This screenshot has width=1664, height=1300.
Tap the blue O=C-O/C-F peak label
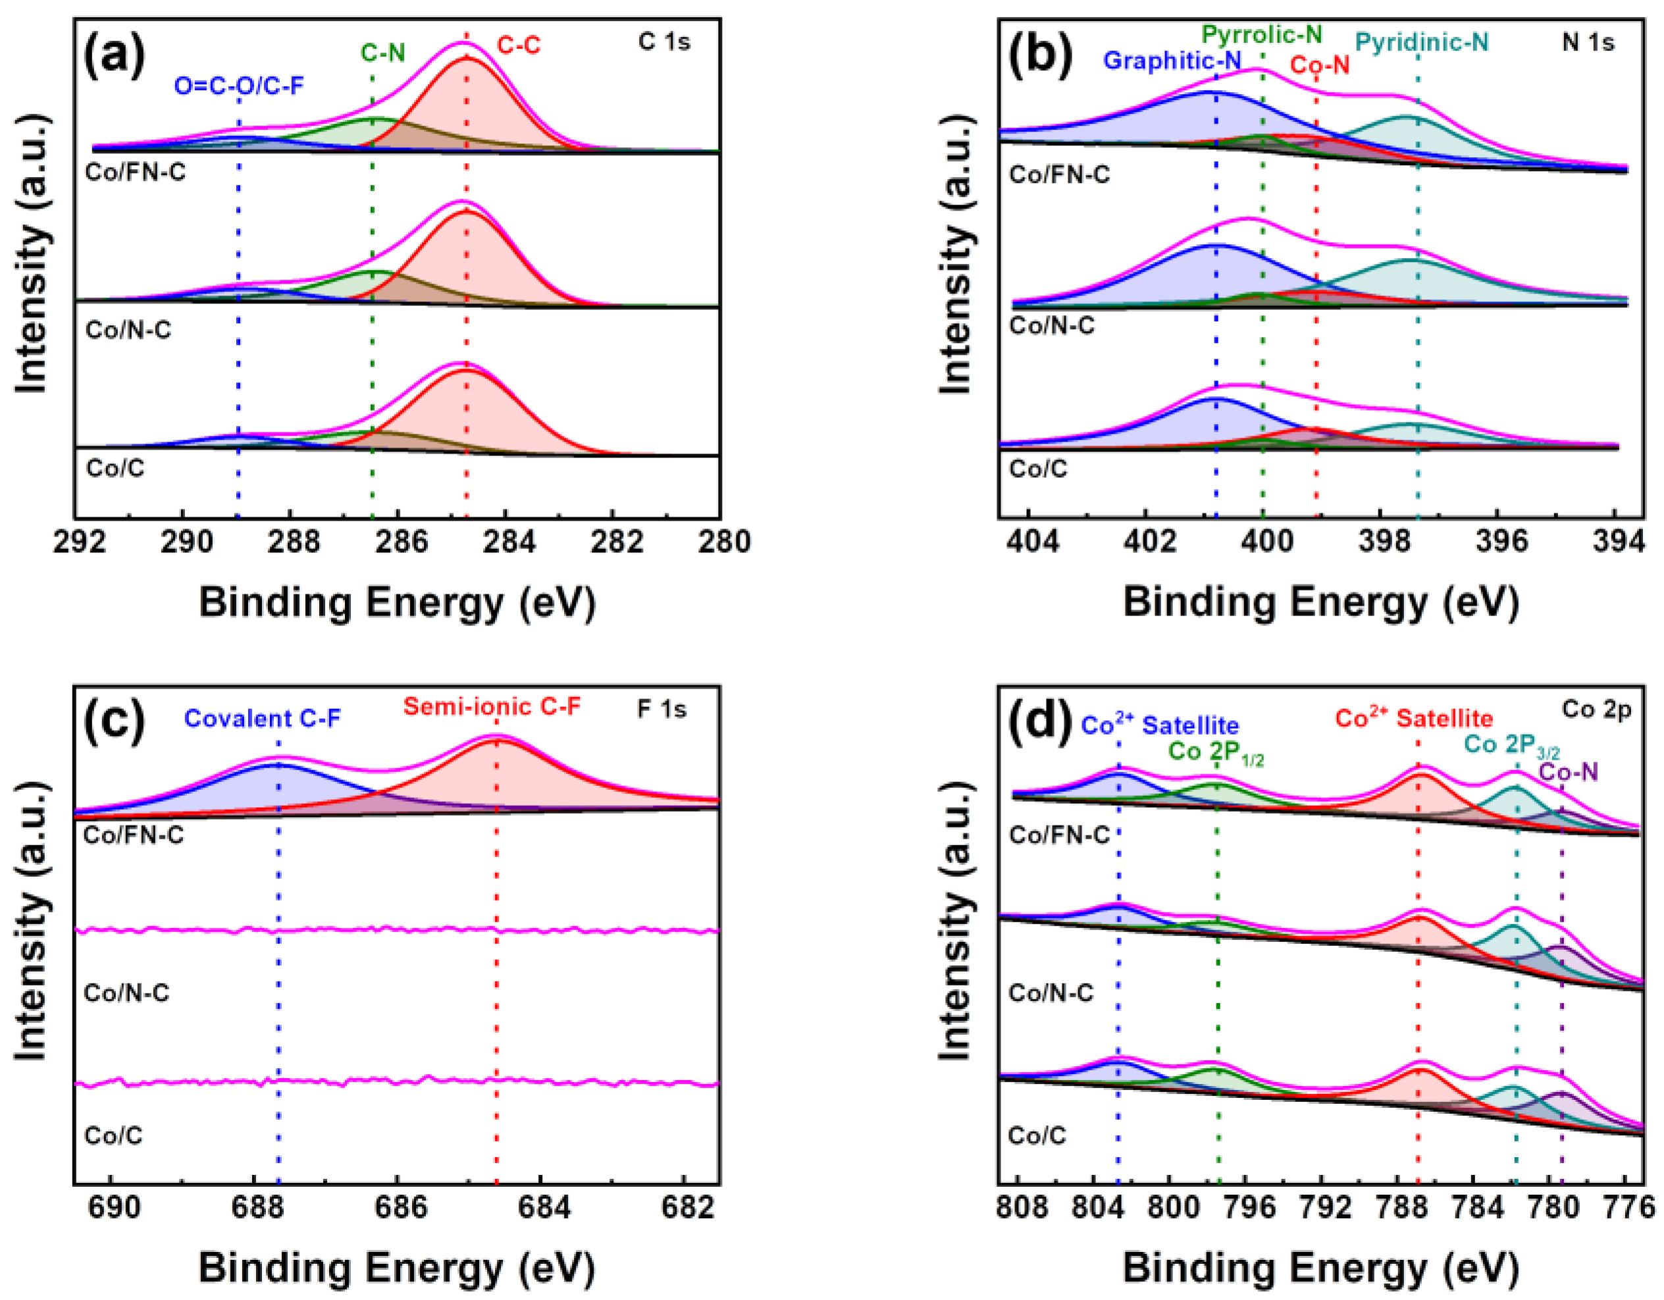coord(238,86)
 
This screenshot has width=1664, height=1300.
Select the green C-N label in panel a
coord(382,53)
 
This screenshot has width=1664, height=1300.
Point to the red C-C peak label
coord(518,45)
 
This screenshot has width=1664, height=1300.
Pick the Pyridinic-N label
coord(1421,42)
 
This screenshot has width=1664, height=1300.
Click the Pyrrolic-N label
coord(1261,34)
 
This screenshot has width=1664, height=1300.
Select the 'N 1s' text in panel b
coord(1588,42)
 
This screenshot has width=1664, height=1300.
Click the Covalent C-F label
coord(262,719)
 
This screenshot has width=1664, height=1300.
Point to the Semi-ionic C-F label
coord(492,706)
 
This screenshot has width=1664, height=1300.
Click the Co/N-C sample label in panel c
coord(126,993)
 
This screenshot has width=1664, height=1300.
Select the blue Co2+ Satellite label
coord(1160,725)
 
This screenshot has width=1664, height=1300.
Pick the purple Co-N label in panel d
coord(1568,772)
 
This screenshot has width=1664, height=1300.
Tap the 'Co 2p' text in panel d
coord(1596,710)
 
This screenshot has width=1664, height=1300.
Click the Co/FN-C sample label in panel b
coord(1059,174)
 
